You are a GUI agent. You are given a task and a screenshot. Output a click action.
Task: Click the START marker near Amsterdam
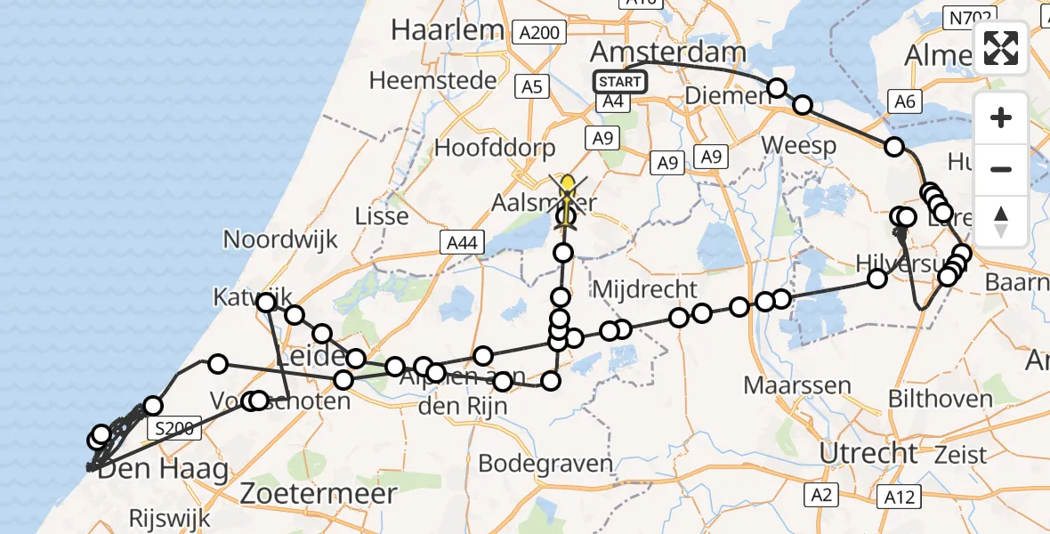pos(620,82)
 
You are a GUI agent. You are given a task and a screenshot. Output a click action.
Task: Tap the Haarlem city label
pos(447,29)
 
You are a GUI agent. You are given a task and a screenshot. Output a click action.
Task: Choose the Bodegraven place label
pos(545,464)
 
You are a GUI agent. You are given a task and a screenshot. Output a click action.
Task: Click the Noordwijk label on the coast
pos(281,239)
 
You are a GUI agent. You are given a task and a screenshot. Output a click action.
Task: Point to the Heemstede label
pos(432,80)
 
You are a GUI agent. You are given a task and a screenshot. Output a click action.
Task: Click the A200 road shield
pos(538,34)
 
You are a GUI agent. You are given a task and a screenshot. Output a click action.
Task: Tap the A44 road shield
pos(461,241)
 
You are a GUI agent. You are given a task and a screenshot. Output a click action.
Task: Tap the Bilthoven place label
pos(941,398)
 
